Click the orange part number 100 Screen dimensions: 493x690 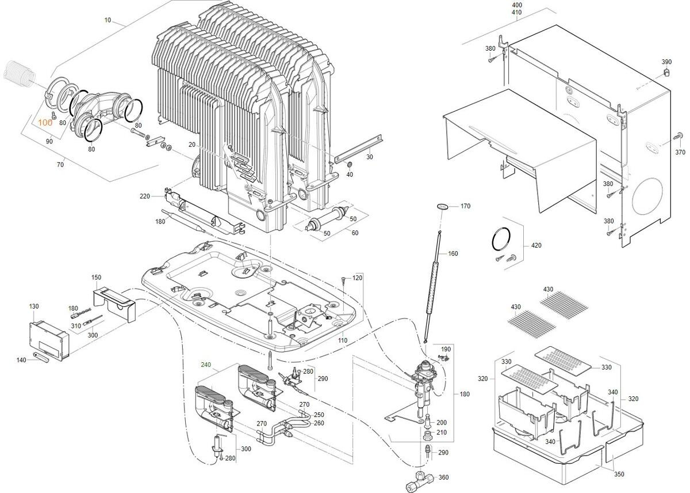[45, 123]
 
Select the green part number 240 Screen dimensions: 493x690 [206, 365]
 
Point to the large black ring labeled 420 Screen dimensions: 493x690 [501, 239]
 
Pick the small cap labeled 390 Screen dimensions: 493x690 [666, 72]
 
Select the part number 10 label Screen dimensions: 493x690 [108, 20]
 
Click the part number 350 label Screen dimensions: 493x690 [619, 474]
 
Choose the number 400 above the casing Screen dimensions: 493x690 [517, 5]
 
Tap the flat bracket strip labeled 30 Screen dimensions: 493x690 [353, 150]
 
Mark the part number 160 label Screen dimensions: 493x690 [453, 253]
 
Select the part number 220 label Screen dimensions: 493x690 [144, 196]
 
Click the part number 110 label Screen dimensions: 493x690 [343, 341]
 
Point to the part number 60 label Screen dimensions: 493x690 [355, 232]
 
